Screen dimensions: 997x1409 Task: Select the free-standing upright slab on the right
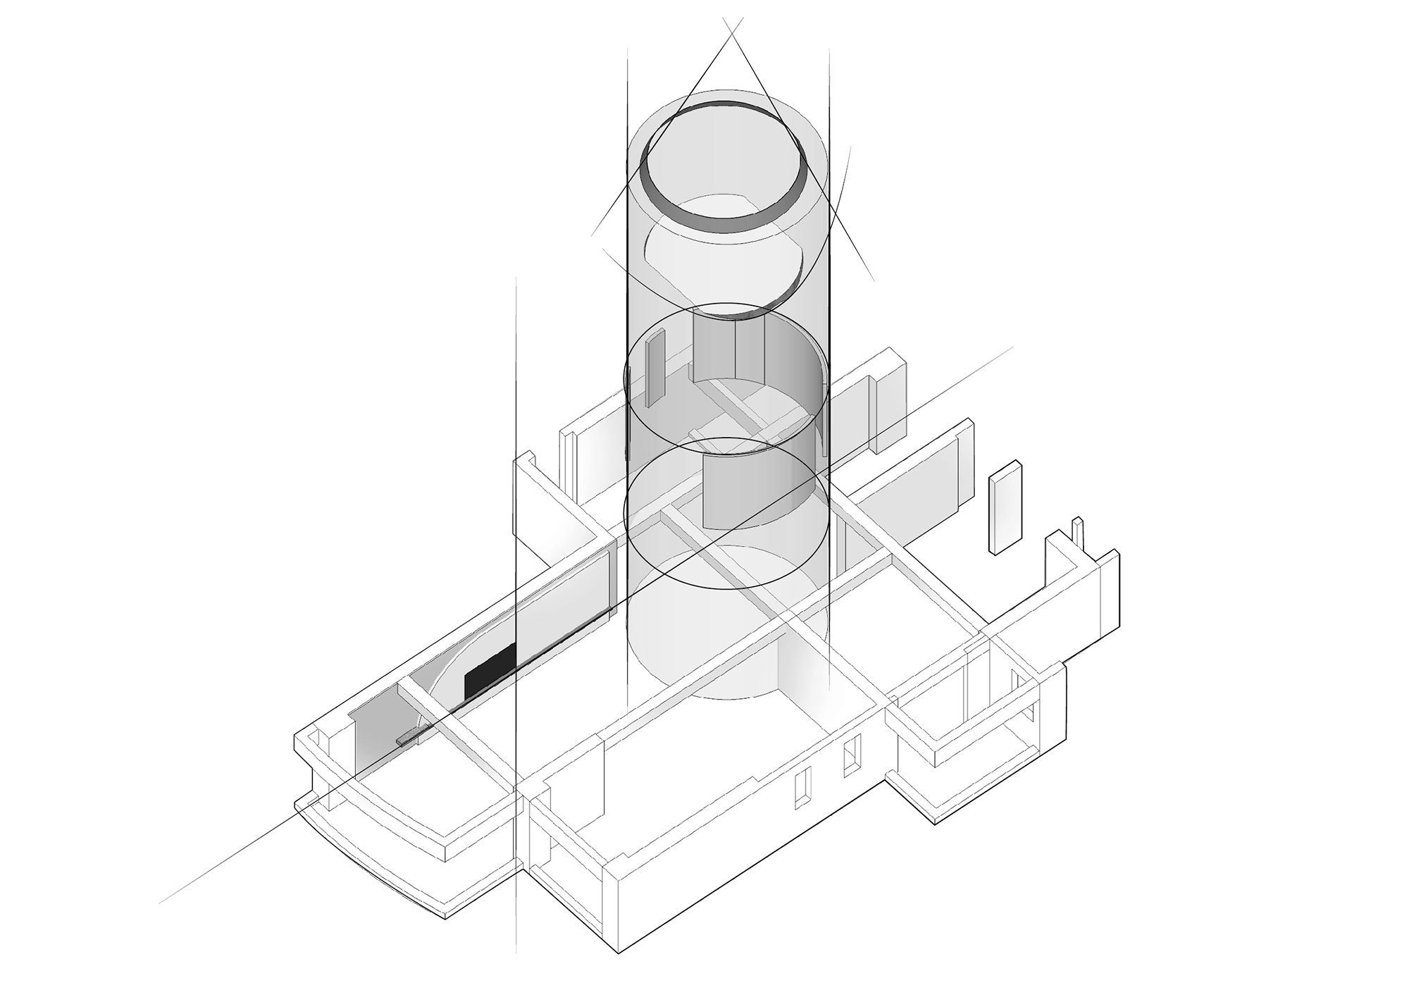[x=1006, y=507]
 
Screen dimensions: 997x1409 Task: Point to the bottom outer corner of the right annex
[x=936, y=823]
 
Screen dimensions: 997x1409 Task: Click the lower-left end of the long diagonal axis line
[x=161, y=902]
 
